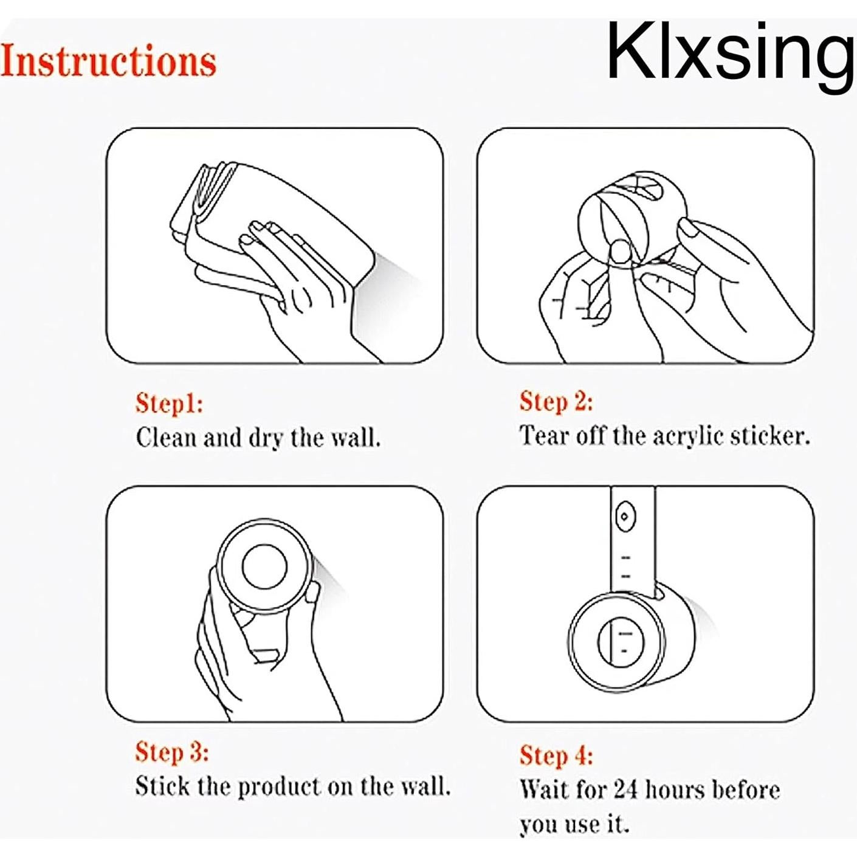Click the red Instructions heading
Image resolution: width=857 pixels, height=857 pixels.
pos(109,61)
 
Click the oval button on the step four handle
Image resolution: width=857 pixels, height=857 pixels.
pos(625,517)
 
